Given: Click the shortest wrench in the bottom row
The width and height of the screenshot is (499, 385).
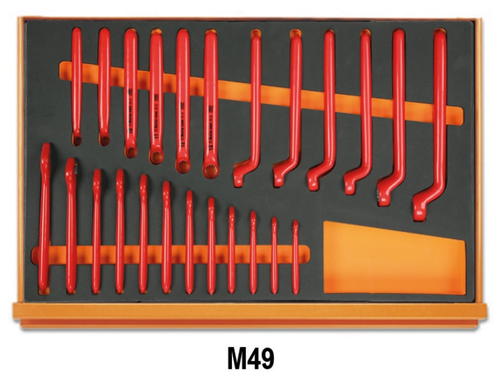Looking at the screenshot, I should click(295, 256).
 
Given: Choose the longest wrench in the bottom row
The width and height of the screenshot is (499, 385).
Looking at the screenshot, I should click(44, 219).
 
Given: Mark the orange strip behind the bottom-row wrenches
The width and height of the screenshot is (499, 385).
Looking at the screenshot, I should click(175, 254).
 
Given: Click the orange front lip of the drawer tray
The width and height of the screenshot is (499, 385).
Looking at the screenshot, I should click(249, 312).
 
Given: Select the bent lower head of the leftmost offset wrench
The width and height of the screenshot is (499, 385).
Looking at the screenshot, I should click(242, 175).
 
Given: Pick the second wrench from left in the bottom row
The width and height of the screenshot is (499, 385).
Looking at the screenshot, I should click(70, 225).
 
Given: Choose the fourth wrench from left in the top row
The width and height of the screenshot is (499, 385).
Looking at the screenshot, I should click(156, 94).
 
